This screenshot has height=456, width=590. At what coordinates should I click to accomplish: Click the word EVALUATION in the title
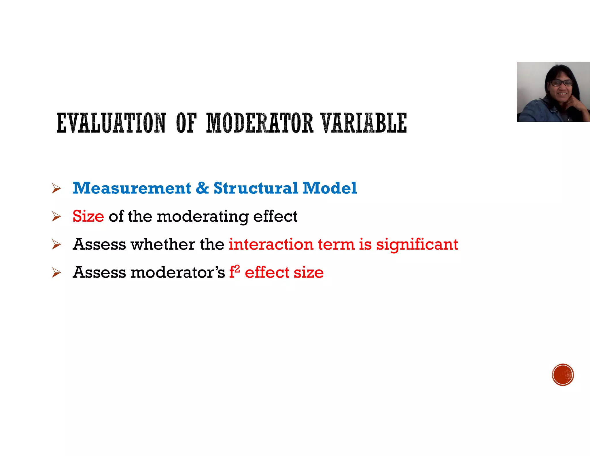[111, 123]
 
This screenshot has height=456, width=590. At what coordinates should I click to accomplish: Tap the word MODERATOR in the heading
[260, 123]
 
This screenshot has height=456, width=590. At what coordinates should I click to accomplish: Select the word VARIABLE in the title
[364, 123]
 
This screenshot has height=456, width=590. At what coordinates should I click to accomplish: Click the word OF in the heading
[186, 123]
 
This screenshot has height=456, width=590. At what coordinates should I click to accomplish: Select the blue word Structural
[256, 188]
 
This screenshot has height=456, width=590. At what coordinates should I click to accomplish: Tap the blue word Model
[330, 188]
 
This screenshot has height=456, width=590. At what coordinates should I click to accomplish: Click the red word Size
[88, 216]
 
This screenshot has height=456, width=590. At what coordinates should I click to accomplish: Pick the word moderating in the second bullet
[203, 217]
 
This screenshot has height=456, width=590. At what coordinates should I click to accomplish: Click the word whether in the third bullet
[163, 244]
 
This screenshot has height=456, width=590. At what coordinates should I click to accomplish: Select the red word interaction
[271, 244]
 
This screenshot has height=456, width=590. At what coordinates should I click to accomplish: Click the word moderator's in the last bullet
[177, 272]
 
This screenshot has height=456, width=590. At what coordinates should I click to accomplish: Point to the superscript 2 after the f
[237, 269]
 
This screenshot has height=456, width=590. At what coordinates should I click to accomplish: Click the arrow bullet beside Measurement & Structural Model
[56, 189]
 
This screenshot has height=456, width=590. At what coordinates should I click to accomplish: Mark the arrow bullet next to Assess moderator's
[56, 273]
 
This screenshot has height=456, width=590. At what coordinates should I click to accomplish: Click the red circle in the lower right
[563, 375]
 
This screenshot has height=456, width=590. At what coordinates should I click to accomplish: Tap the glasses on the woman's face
[561, 83]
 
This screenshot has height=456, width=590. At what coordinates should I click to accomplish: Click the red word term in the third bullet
[336, 244]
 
